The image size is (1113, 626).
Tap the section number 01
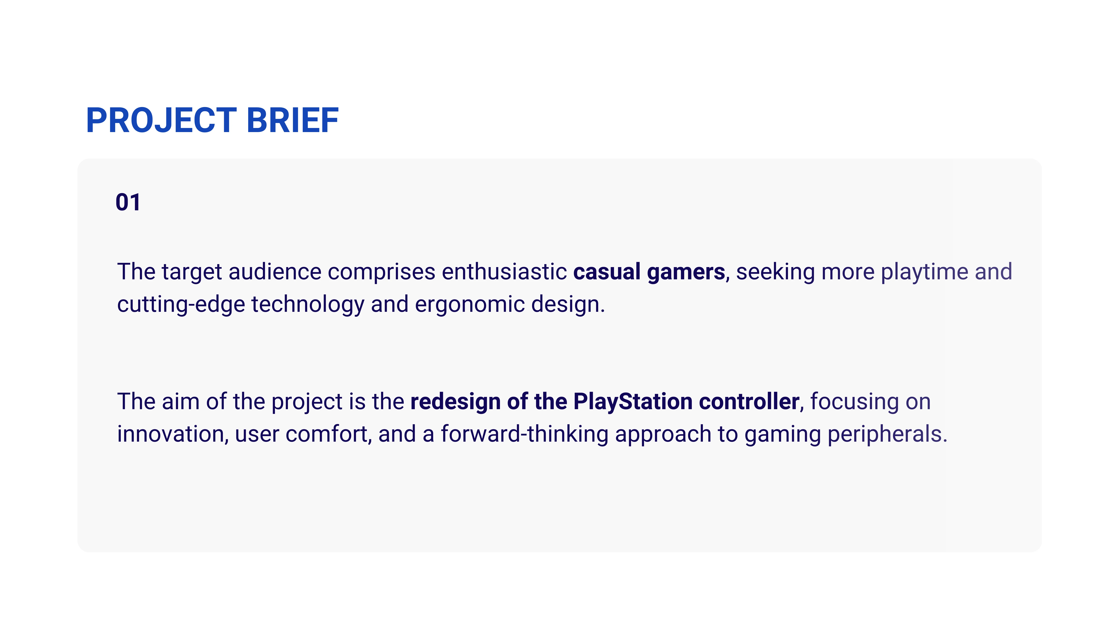click(x=128, y=202)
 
